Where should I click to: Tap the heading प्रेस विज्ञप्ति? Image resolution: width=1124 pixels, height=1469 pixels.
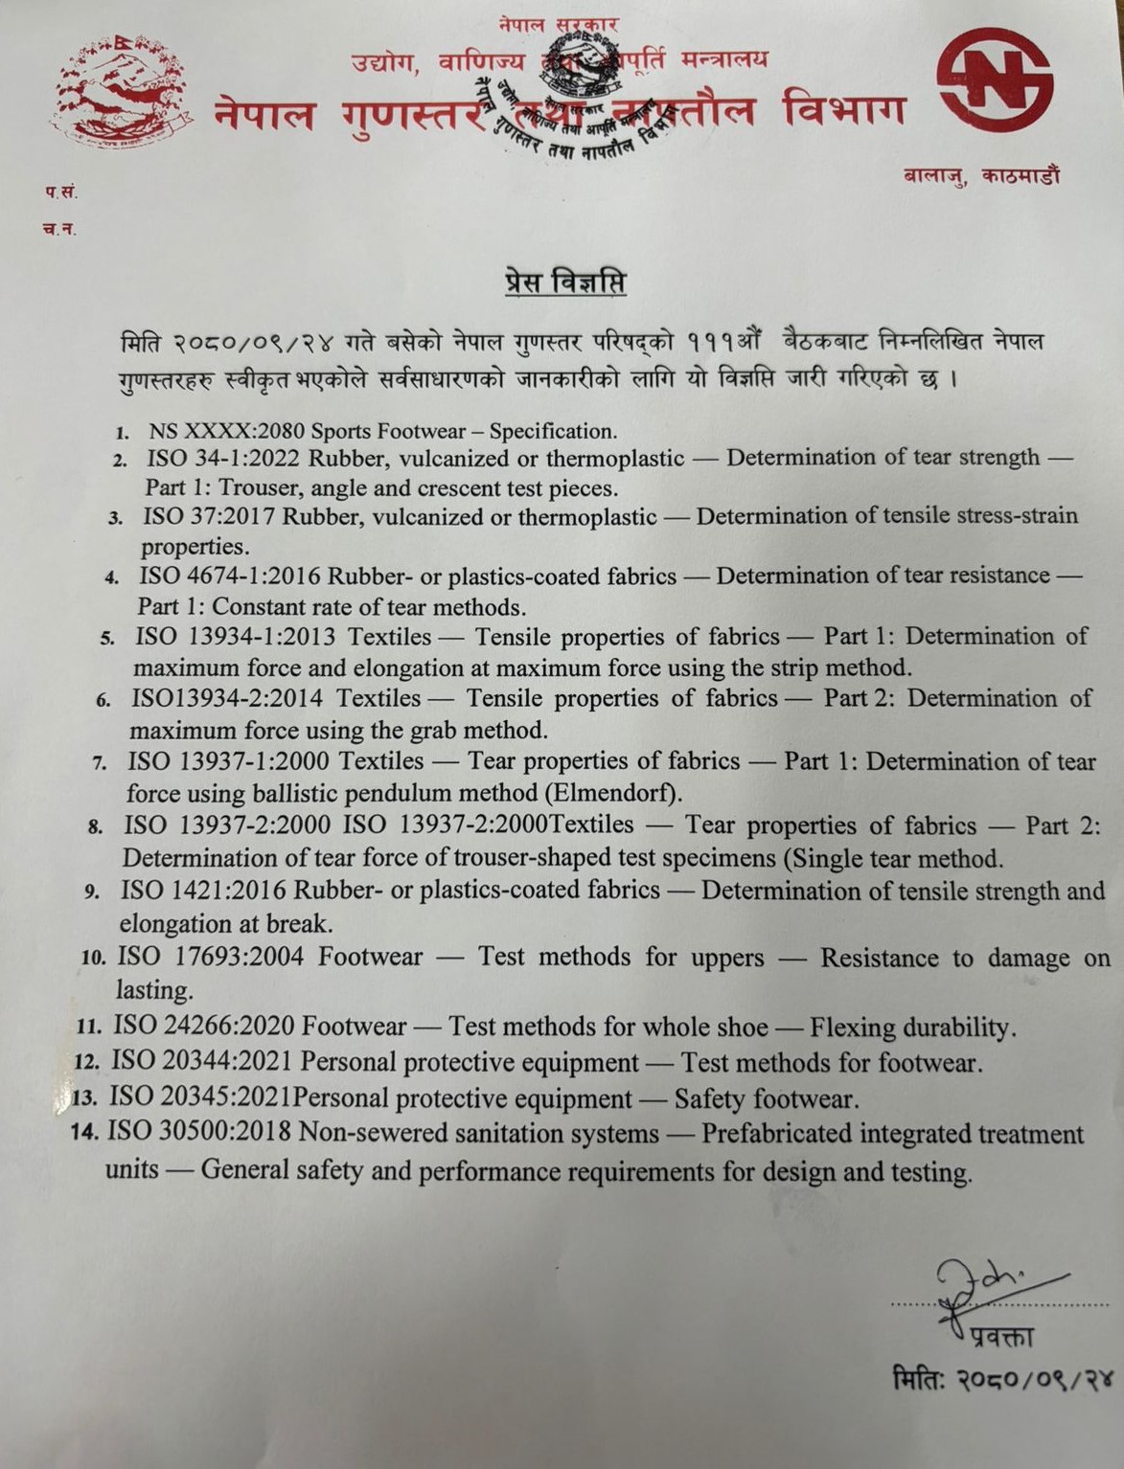(x=564, y=283)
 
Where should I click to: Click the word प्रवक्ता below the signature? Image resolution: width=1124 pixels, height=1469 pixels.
(x=1000, y=1337)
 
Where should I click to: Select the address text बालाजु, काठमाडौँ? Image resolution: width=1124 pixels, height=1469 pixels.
(x=981, y=176)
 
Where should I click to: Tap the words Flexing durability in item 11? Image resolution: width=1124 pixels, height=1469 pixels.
(x=910, y=1028)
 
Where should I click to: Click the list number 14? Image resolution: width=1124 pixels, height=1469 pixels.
(x=85, y=1133)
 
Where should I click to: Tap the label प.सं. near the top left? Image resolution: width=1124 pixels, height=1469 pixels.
(x=60, y=192)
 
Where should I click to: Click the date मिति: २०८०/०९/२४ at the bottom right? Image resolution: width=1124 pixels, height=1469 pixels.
(x=1002, y=1380)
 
